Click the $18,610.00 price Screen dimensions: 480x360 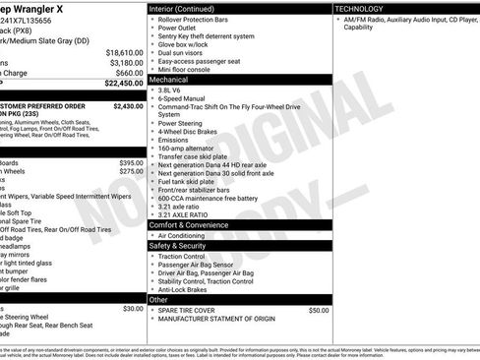coord(124,52)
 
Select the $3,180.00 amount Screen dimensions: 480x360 coord(126,63)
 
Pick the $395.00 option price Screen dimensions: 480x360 coord(131,162)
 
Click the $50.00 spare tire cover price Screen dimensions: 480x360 coord(319,310)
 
